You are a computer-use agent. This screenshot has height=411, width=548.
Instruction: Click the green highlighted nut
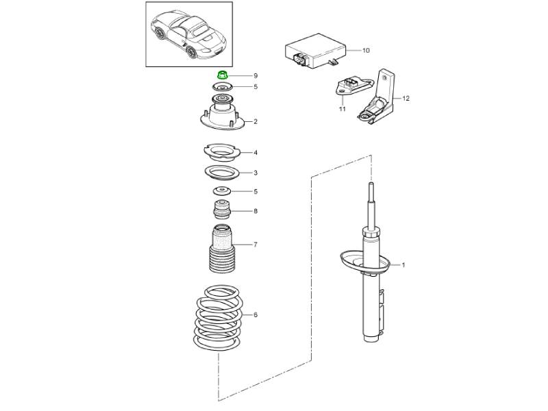221,75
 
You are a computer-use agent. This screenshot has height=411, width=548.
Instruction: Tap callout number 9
256,76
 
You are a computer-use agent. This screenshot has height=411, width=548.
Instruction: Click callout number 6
256,315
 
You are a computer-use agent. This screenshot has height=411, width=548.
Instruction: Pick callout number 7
256,245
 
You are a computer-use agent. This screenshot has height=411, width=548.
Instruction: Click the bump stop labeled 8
221,209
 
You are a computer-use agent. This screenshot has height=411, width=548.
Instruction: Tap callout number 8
256,211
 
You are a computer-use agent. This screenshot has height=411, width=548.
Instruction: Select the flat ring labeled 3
222,173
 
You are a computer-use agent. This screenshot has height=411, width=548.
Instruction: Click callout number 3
256,173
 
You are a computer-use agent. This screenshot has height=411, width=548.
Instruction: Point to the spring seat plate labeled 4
222,152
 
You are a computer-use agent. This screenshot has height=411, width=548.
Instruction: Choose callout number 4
256,153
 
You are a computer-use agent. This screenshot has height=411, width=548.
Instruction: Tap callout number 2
256,122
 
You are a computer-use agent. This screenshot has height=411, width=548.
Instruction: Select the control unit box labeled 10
316,51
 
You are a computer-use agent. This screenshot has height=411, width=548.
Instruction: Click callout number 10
366,50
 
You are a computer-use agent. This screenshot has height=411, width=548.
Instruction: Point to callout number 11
342,109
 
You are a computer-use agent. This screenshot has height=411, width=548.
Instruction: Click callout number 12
406,99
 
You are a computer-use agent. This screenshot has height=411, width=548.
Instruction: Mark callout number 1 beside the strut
403,265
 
